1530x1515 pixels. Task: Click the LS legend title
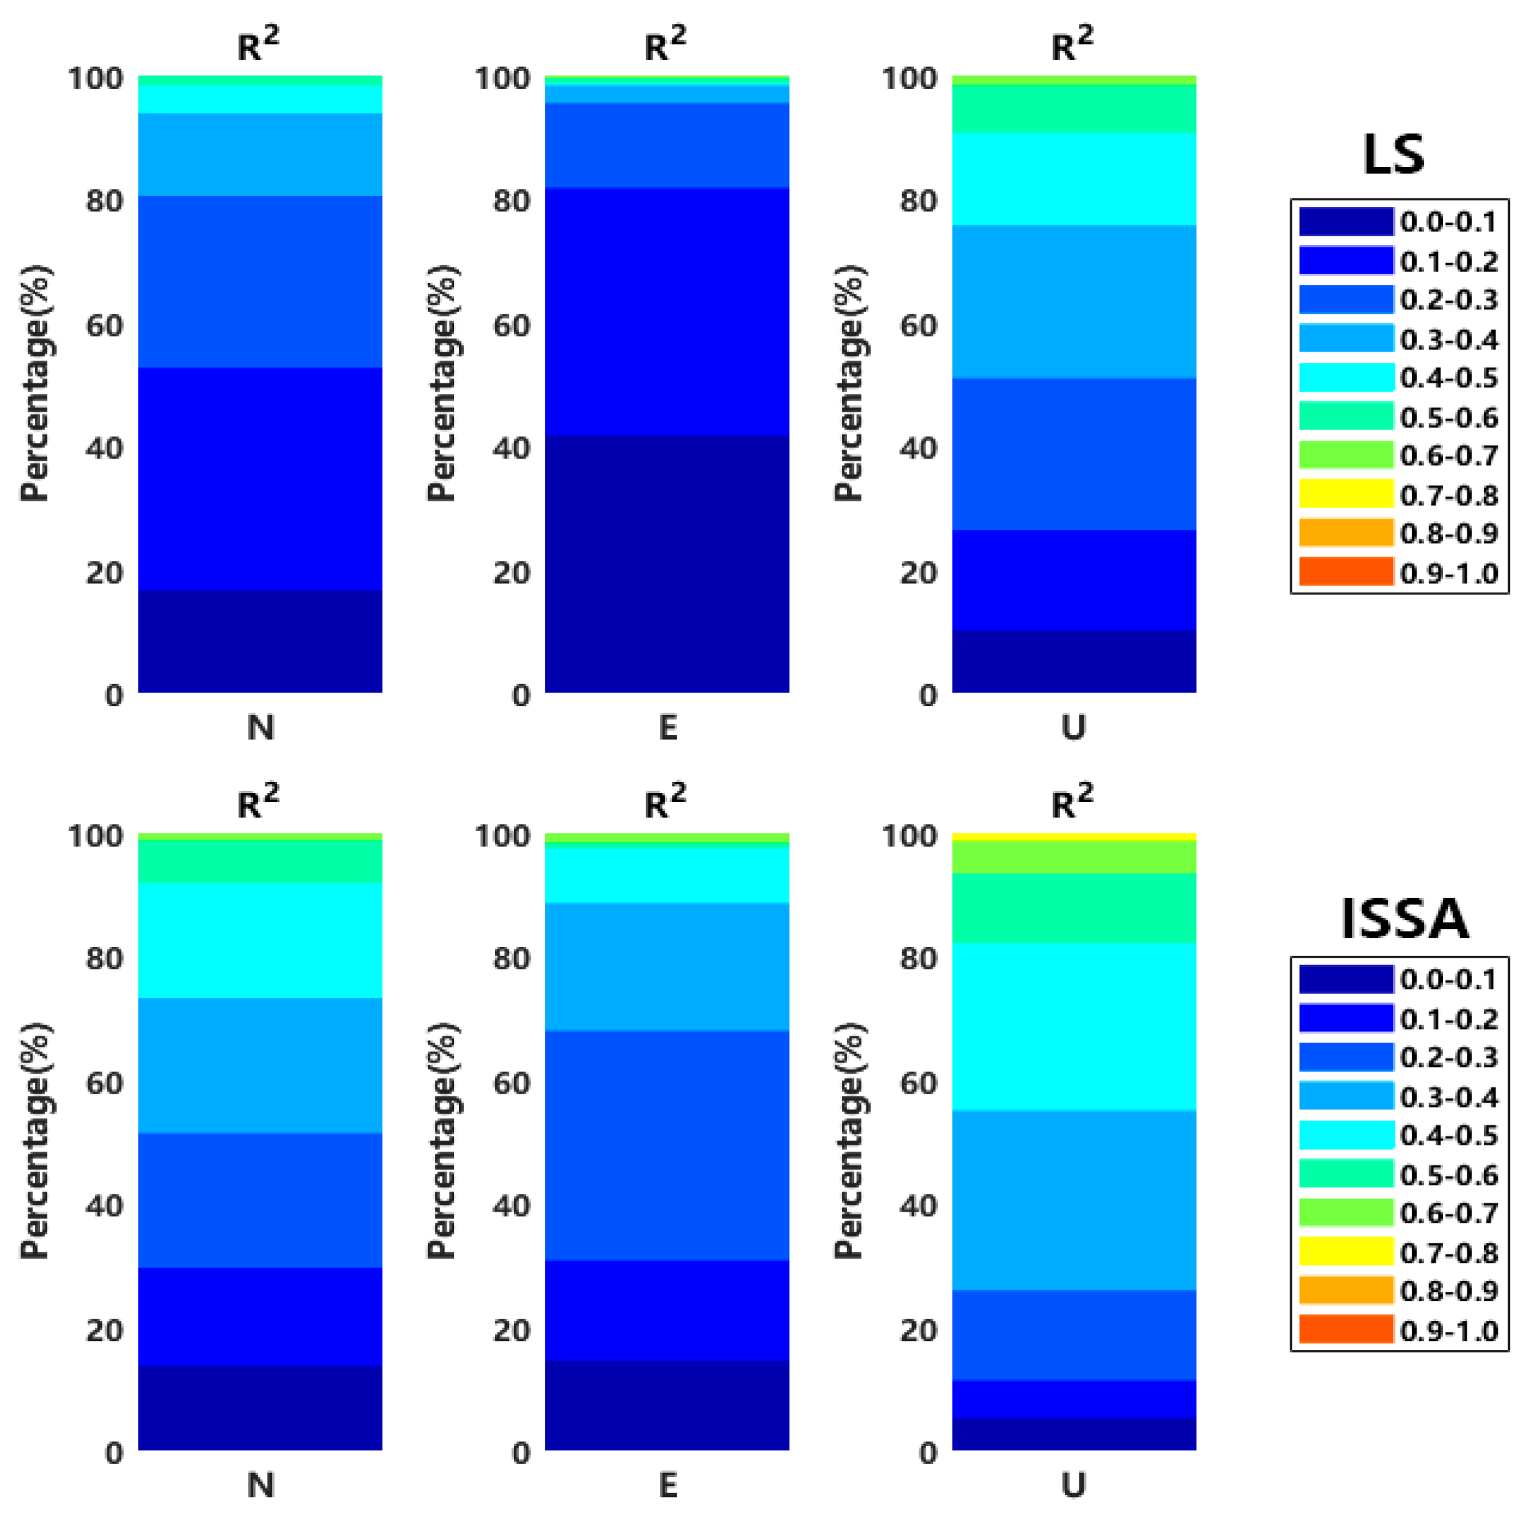click(x=1393, y=154)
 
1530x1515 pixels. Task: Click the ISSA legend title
click(x=1404, y=919)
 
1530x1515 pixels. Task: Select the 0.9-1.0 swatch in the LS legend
click(x=1345, y=572)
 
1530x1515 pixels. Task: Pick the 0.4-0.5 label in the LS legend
click(x=1449, y=378)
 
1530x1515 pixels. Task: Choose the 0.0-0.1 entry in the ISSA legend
click(x=1449, y=979)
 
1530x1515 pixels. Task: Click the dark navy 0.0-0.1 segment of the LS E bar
click(x=667, y=563)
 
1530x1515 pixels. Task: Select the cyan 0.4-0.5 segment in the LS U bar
click(x=1074, y=179)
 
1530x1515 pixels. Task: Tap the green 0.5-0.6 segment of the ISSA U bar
click(x=1074, y=908)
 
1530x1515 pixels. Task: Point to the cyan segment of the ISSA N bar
click(x=260, y=941)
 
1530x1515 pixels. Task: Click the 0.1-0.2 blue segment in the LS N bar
click(x=260, y=479)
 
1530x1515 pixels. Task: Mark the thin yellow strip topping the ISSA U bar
click(x=1074, y=836)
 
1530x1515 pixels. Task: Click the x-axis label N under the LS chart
click(x=261, y=727)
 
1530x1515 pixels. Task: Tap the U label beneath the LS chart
click(x=1074, y=727)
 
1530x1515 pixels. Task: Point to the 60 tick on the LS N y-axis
click(x=105, y=325)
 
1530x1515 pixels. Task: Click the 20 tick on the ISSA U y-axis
click(x=919, y=1330)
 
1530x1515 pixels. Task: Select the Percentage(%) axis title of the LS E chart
click(x=441, y=383)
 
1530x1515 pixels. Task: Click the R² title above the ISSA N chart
click(x=258, y=802)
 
